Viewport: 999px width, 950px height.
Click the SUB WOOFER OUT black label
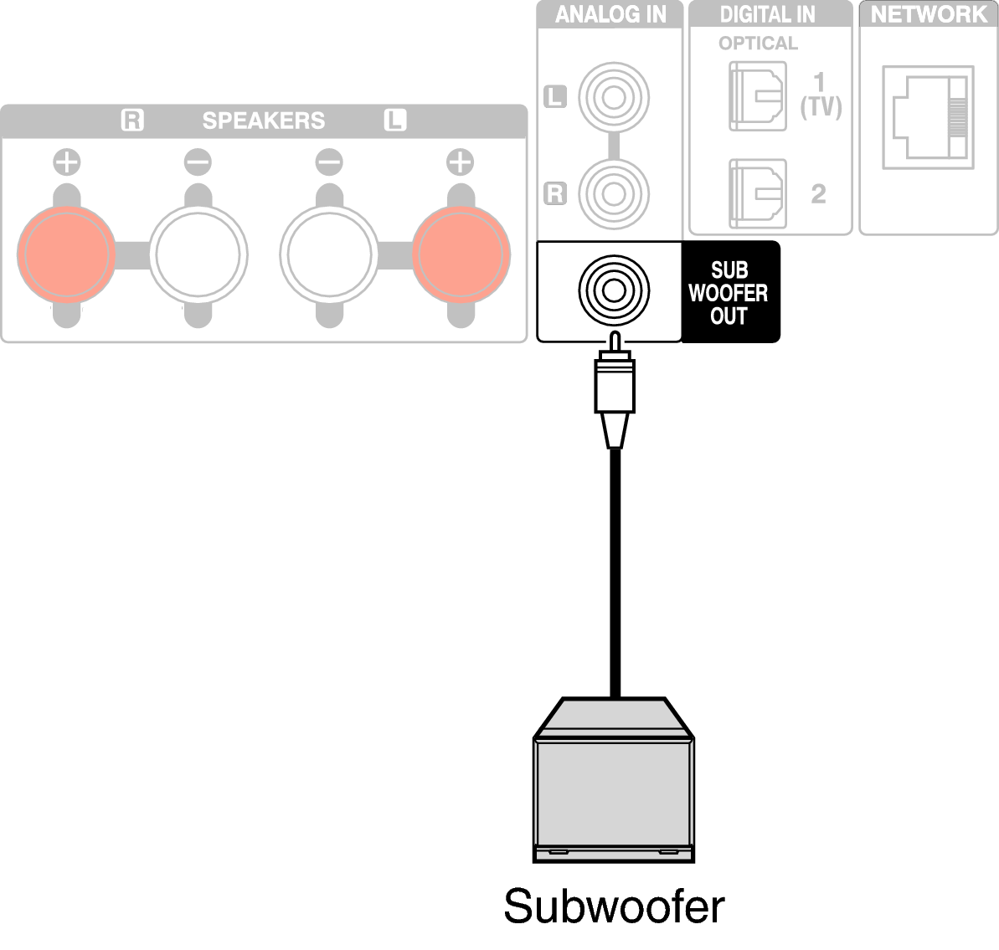point(729,293)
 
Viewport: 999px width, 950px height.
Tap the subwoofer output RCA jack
point(614,291)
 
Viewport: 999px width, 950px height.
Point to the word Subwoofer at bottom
point(614,906)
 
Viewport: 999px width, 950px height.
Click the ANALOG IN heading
point(610,14)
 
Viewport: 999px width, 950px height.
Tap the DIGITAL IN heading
point(768,14)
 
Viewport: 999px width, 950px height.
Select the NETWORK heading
point(928,14)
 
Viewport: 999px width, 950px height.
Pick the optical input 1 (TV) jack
point(758,95)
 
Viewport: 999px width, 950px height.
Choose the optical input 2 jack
point(758,193)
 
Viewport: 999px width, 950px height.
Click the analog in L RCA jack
point(614,96)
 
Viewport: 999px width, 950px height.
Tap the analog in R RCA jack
point(614,193)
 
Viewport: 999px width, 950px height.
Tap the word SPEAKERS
point(263,121)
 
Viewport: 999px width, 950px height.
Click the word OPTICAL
point(758,43)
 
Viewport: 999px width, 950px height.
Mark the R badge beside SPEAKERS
point(132,121)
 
